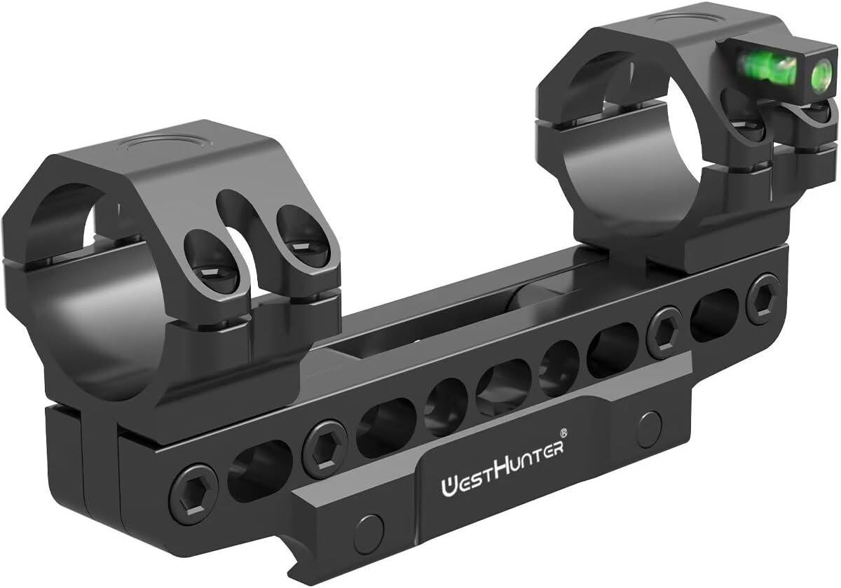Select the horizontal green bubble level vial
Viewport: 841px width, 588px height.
[x=770, y=66]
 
